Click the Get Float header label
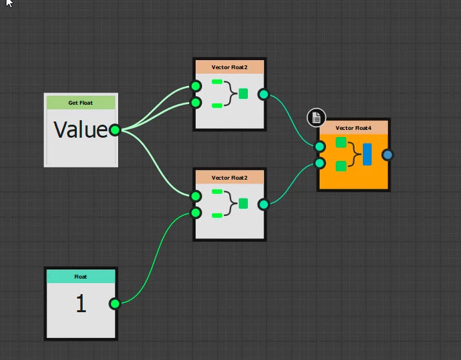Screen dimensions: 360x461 tap(81, 103)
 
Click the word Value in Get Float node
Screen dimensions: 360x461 tap(80, 130)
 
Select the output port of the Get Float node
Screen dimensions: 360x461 tap(115, 130)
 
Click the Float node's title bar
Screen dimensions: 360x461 tap(81, 277)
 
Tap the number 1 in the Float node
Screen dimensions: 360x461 tap(81, 304)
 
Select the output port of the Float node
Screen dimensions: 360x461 tap(114, 304)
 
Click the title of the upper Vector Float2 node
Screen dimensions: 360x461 tap(229, 67)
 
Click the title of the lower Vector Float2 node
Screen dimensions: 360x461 tap(229, 177)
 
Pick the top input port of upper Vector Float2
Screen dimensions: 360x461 tap(196, 87)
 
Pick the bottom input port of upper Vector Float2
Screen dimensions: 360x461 tap(196, 103)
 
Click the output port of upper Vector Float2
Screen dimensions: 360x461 tap(263, 94)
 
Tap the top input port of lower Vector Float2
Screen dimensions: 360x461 tap(196, 196)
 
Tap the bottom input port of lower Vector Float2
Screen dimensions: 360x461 tap(196, 213)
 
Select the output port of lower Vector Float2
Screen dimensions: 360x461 tap(263, 204)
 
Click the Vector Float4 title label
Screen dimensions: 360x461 tap(353, 128)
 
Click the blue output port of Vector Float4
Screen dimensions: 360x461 tap(387, 154)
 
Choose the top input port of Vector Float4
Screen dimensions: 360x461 tap(320, 146)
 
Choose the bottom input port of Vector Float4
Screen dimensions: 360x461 tap(320, 163)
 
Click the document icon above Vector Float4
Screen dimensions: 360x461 tap(316, 117)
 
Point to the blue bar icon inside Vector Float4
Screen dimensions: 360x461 tap(367, 154)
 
